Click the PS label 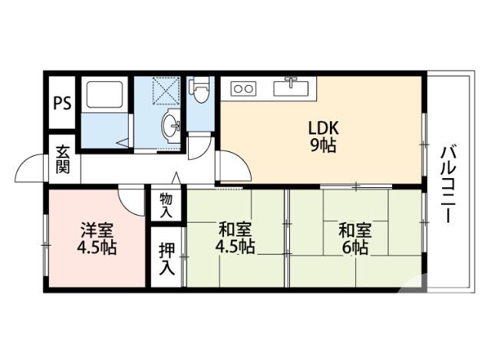pos(63,103)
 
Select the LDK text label pos(324,127)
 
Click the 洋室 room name pos(97,229)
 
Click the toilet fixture pos(200,91)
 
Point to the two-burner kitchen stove pos(243,89)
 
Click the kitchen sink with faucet pos(292,86)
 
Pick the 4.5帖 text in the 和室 pos(236,247)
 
